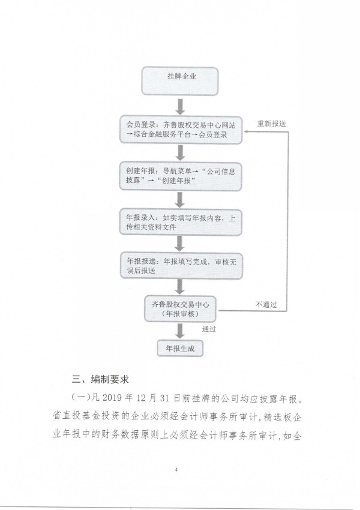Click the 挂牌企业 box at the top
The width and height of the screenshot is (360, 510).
(x=179, y=81)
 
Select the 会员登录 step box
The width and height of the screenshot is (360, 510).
(x=181, y=130)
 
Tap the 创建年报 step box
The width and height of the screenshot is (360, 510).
(x=181, y=176)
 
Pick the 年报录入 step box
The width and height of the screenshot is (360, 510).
(x=181, y=223)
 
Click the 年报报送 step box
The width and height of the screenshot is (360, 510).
(x=181, y=265)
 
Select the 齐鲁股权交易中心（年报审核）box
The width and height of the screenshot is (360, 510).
(x=180, y=308)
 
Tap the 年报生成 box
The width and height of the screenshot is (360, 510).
(x=180, y=349)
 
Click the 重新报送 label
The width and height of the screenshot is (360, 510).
(x=272, y=124)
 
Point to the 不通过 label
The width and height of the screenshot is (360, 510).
(x=266, y=304)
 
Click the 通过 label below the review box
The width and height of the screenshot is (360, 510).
(x=209, y=329)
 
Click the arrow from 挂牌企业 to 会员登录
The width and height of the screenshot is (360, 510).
(x=180, y=106)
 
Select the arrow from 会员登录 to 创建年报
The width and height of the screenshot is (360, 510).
(x=180, y=152)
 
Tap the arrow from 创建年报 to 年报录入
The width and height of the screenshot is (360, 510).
(x=180, y=200)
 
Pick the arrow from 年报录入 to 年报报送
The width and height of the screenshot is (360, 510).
(x=180, y=244)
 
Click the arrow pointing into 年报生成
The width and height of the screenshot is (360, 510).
(x=180, y=331)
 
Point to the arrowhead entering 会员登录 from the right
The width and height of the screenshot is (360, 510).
(x=245, y=131)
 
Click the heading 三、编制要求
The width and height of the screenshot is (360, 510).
(x=100, y=379)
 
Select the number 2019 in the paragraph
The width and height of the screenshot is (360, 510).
(x=112, y=398)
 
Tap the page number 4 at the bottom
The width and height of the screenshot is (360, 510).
(x=176, y=469)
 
